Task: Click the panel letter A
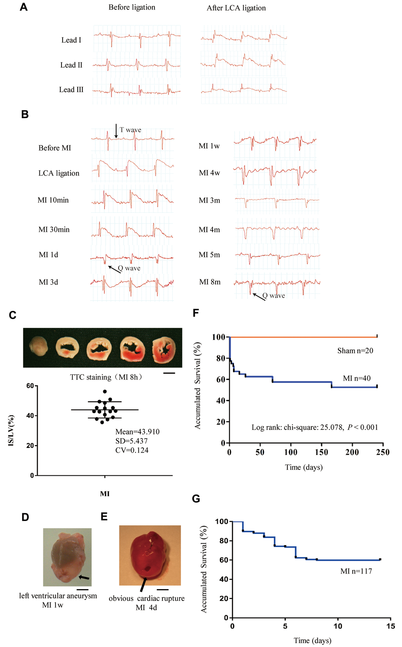click(24, 7)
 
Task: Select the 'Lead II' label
click(71, 65)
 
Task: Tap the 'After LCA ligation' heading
click(236, 8)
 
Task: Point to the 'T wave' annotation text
click(130, 129)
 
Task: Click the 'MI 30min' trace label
click(54, 229)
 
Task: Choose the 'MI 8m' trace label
click(210, 282)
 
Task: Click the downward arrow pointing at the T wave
click(116, 131)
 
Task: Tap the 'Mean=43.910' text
click(137, 432)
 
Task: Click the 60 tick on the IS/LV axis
click(30, 386)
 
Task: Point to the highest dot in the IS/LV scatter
click(105, 392)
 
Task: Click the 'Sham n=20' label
click(355, 351)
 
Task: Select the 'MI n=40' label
click(357, 378)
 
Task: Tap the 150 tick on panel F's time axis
click(322, 452)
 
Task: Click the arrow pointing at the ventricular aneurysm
click(84, 577)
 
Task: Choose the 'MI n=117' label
click(356, 571)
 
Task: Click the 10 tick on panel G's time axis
click(338, 626)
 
